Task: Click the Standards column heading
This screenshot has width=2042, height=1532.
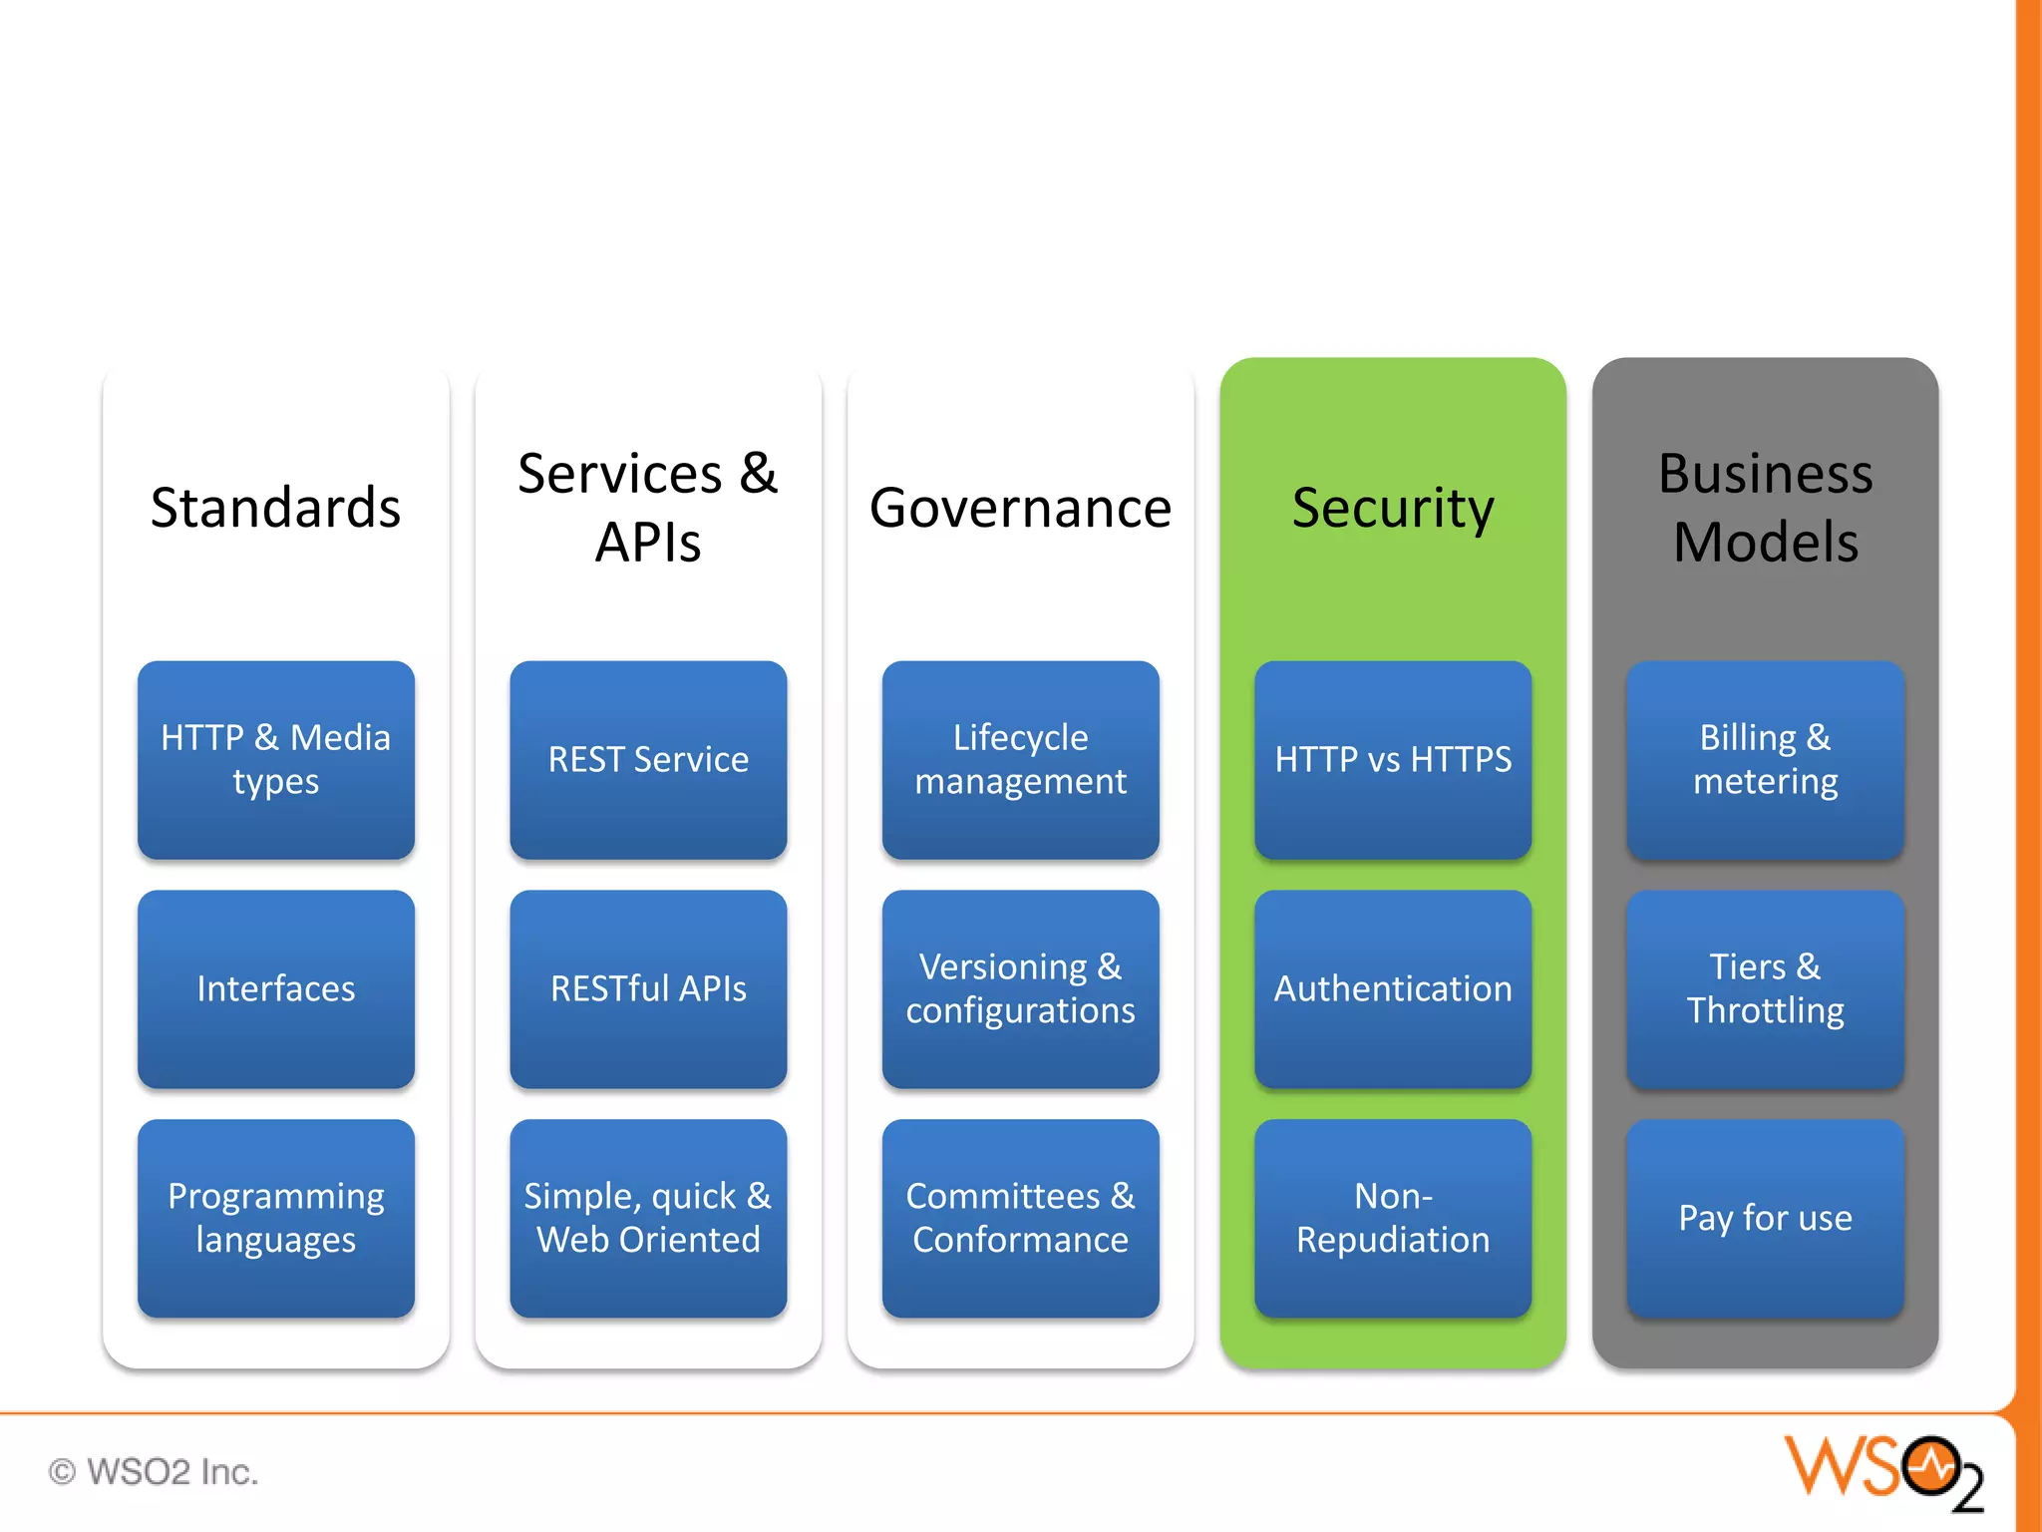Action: coord(275,508)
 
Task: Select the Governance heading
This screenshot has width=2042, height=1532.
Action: coord(1020,508)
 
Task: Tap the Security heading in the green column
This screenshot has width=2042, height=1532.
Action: coord(1393,508)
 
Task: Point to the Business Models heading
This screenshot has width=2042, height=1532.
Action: coord(1765,508)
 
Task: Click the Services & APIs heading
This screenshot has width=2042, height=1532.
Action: coord(648,508)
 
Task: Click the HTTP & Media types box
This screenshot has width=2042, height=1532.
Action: coord(275,759)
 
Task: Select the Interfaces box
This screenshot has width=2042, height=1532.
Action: coord(275,988)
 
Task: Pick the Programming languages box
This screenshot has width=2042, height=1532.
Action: coord(275,1218)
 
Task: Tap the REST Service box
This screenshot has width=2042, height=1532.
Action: coord(648,759)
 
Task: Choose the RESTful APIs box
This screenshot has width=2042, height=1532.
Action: coord(648,988)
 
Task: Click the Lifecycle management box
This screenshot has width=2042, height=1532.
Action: coord(1020,759)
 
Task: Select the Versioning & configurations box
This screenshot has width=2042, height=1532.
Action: coord(1020,988)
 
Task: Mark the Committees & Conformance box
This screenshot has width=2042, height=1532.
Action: coord(1020,1218)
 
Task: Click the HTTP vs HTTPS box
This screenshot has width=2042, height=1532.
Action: coord(1393,759)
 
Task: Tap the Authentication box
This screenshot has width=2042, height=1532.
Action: coord(1393,988)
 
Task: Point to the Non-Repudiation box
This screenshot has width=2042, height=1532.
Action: coord(1393,1218)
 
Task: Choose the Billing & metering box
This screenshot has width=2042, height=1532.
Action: coord(1765,759)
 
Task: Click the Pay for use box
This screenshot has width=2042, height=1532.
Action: coord(1765,1218)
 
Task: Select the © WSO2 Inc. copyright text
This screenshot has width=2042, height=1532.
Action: coord(154,1472)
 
